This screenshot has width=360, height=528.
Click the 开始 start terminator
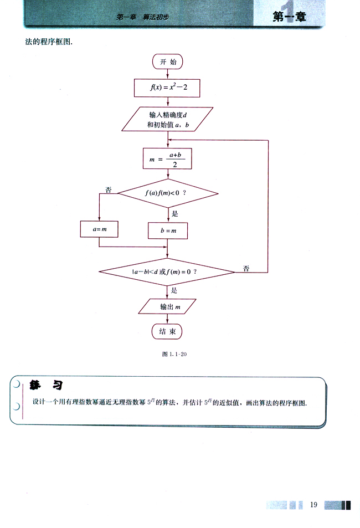168,62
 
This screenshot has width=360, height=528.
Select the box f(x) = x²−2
167,88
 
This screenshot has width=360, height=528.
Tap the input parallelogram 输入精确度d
168,120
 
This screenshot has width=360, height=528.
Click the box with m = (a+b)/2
167,159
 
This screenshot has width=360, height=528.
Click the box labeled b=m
168,230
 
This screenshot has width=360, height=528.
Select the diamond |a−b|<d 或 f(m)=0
167,272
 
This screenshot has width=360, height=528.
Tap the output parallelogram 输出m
167,306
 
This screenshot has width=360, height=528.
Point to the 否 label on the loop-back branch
246,268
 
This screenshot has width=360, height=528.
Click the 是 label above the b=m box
175,213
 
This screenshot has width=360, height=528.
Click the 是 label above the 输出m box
174,290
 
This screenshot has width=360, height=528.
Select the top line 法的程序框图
49,42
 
